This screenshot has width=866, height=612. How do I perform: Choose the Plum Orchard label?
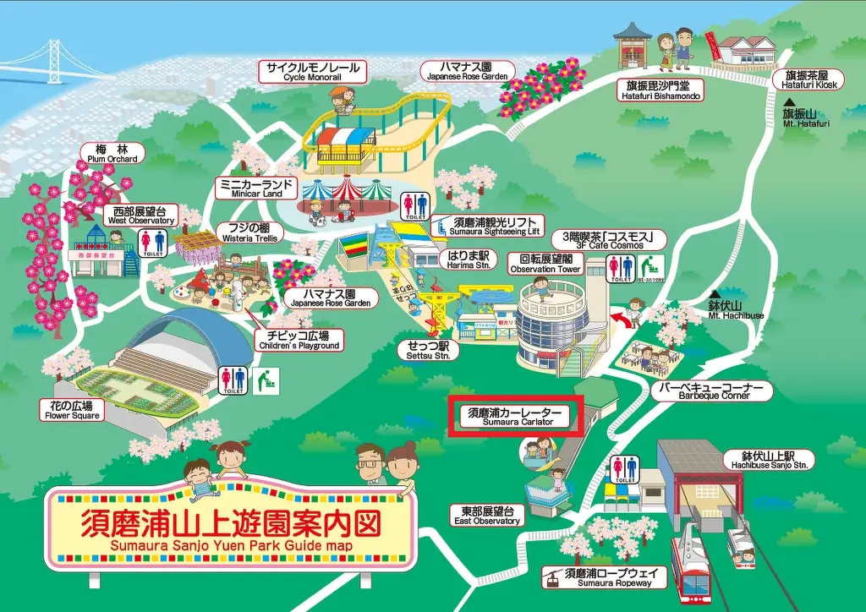click(111, 153)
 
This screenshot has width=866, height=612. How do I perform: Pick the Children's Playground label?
click(298, 340)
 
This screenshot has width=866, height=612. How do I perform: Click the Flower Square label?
click(71, 410)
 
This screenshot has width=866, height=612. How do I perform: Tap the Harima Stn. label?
click(469, 259)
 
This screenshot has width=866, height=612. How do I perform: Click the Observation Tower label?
click(545, 264)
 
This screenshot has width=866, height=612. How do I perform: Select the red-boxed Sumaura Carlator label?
click(516, 416)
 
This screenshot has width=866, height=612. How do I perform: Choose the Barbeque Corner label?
click(712, 391)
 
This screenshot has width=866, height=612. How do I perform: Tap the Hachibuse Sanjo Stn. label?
click(768, 459)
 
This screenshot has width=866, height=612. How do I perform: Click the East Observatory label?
click(487, 516)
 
